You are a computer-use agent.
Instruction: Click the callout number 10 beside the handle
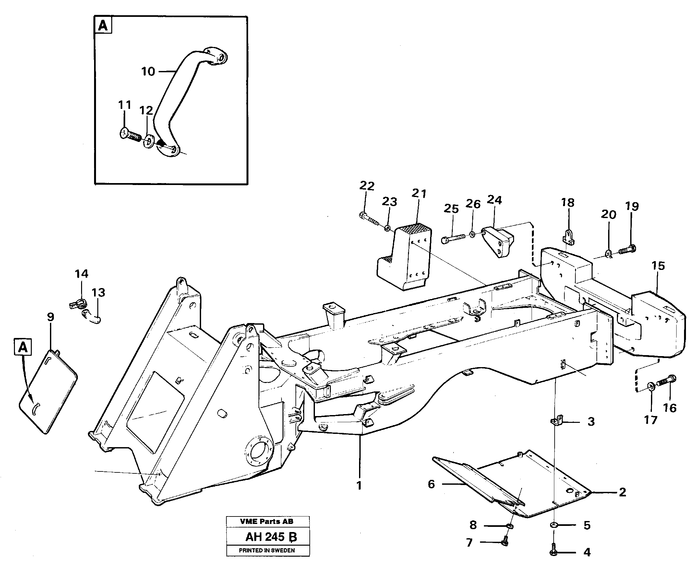pos(148,71)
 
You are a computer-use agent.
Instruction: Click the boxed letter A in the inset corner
pos(103,25)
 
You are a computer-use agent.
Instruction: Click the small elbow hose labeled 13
pos(92,316)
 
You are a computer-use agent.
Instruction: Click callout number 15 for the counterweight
pos(658,265)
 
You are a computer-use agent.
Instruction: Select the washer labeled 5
pos(554,525)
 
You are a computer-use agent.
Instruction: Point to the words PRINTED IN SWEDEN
pos(267,550)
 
